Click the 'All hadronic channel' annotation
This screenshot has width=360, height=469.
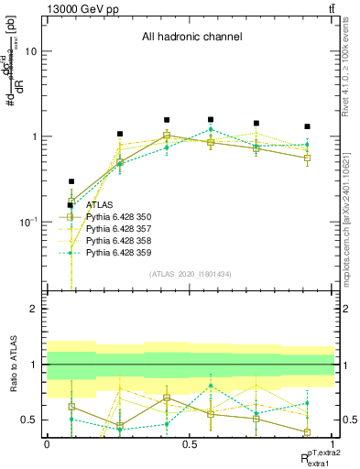(191, 38)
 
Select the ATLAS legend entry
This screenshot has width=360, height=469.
(102, 205)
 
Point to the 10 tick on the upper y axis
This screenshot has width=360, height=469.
(30, 52)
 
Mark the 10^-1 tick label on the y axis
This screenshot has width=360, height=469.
(28, 222)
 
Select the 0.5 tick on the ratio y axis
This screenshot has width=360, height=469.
(29, 420)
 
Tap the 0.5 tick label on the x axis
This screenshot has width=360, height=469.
(191, 443)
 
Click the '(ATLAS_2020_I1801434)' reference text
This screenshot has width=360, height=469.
(191, 275)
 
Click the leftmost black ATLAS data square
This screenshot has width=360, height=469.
(71, 181)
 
